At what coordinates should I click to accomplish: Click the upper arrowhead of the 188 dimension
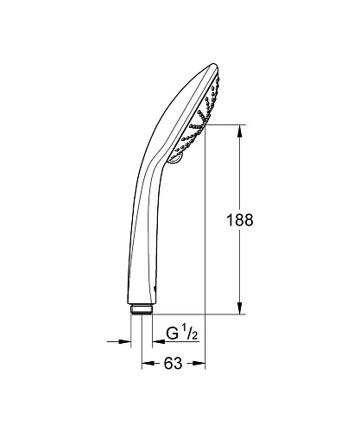[238, 130]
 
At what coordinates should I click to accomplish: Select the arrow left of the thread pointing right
[126, 342]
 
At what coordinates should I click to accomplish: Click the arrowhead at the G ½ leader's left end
[159, 342]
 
